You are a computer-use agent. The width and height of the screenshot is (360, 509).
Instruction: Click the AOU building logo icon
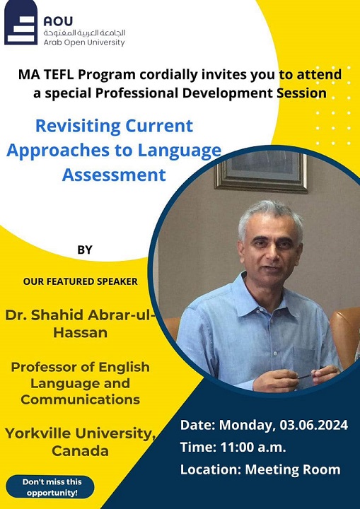(21, 22)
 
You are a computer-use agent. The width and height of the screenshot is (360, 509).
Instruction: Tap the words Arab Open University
(84, 42)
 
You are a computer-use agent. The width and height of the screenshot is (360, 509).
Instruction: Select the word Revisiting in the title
(78, 126)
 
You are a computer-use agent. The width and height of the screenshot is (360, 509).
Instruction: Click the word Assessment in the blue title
(114, 175)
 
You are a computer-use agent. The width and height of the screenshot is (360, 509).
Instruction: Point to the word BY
(85, 250)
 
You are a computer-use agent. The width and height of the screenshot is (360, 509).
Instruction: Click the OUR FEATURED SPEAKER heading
(80, 281)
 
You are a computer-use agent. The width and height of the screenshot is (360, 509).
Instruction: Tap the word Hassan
(80, 333)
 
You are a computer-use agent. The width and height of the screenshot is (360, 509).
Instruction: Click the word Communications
(80, 399)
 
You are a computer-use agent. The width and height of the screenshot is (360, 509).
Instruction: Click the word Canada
(80, 451)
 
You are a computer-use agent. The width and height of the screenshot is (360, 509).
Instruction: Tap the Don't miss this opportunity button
(50, 487)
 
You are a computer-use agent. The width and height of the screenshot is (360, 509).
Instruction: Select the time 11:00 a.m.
(253, 447)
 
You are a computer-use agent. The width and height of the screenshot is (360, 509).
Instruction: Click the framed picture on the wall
(261, 171)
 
